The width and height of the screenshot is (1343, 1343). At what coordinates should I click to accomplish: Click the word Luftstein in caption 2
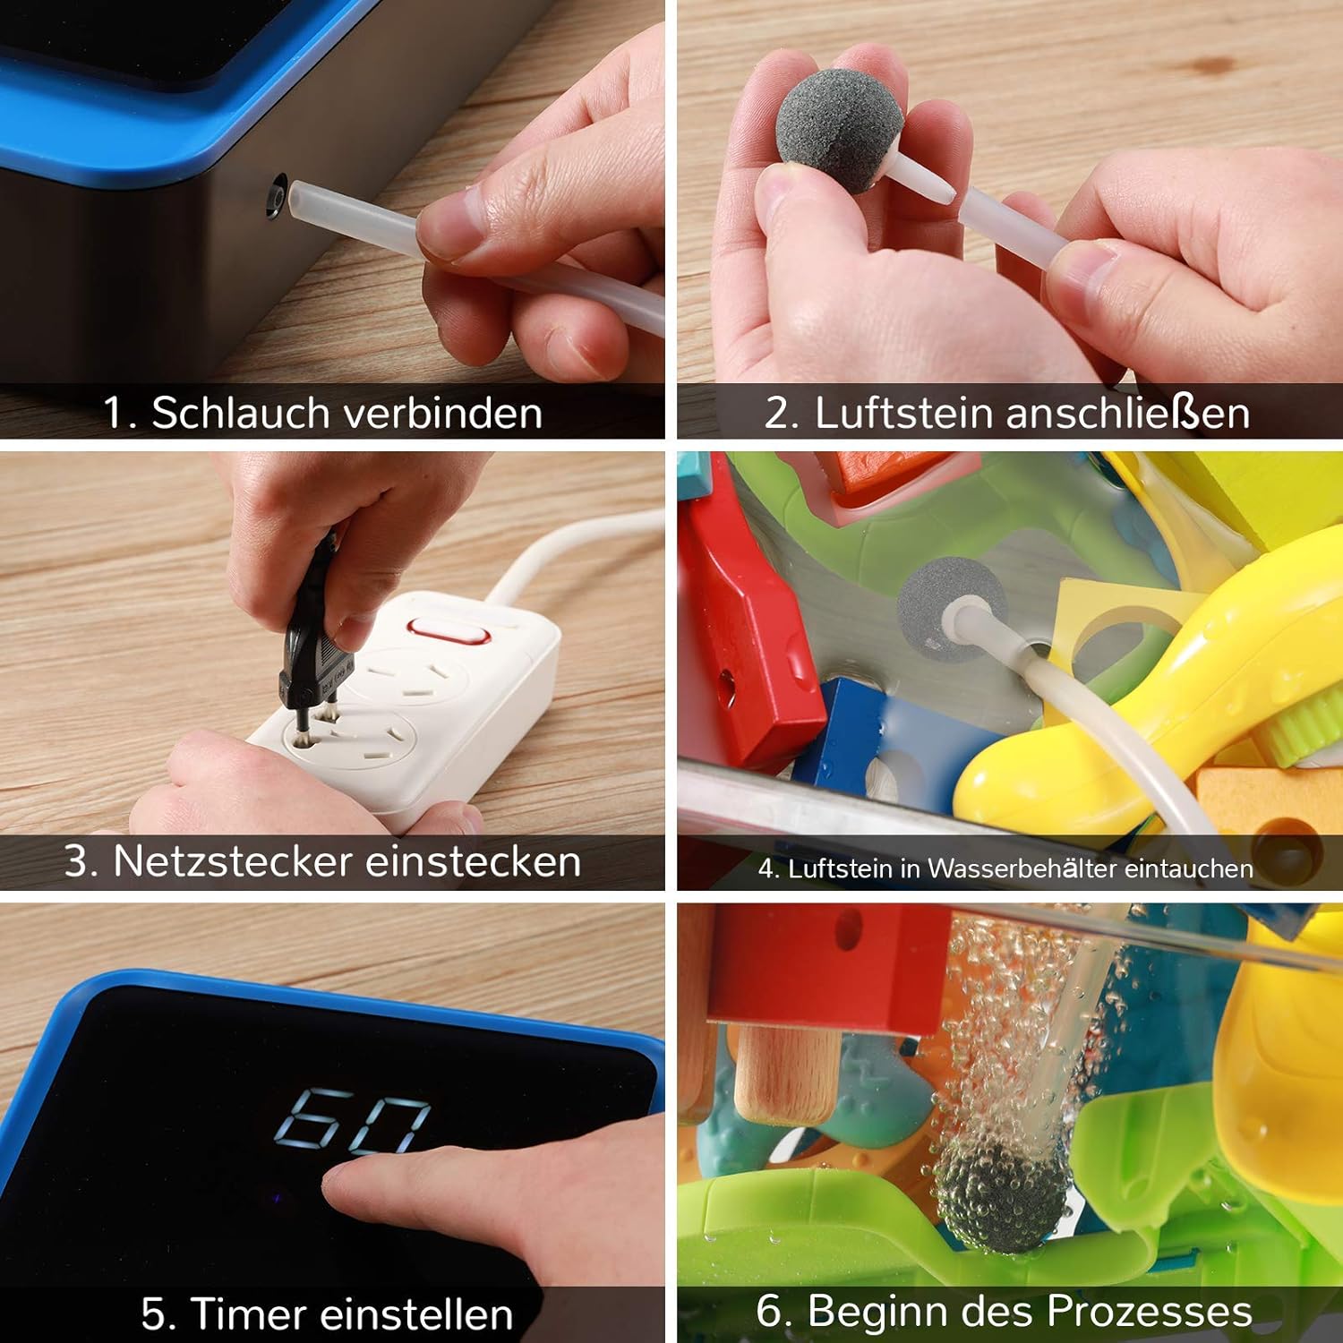coord(903,414)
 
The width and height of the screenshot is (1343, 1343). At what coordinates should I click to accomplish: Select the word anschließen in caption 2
coord(1127,414)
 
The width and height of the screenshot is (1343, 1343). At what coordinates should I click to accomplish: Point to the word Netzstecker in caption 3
coord(232,861)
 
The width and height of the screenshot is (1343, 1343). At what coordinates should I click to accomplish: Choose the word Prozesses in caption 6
coord(1150,1311)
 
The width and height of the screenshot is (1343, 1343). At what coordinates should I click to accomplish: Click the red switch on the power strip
coord(449,633)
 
